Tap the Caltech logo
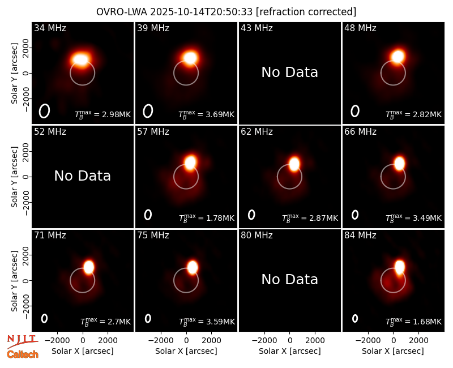click(23, 354)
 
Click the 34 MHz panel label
click(50, 28)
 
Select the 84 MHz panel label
click(360, 236)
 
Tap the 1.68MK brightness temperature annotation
click(424, 322)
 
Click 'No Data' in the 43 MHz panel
click(289, 72)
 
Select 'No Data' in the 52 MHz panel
click(82, 176)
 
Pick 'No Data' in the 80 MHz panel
click(289, 280)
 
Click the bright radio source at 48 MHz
click(398, 56)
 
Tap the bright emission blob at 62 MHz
click(294, 164)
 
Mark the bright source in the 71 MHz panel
click(89, 267)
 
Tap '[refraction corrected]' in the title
click(306, 12)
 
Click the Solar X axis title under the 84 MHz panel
click(393, 351)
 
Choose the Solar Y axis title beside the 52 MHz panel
click(15, 177)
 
